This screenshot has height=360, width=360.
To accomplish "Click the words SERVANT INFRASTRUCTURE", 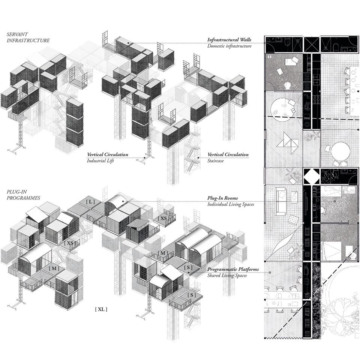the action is [x=28, y=37].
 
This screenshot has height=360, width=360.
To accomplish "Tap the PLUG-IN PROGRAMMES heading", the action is [x=23, y=195].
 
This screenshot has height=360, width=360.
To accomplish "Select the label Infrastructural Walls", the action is [x=229, y=40].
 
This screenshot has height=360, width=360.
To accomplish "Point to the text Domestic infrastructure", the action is [x=229, y=46].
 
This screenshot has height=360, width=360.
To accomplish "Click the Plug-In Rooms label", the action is [x=222, y=198].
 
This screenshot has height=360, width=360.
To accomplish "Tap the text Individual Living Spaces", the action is [x=231, y=204].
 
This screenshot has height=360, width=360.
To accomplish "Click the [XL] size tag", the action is [x=101, y=309].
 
